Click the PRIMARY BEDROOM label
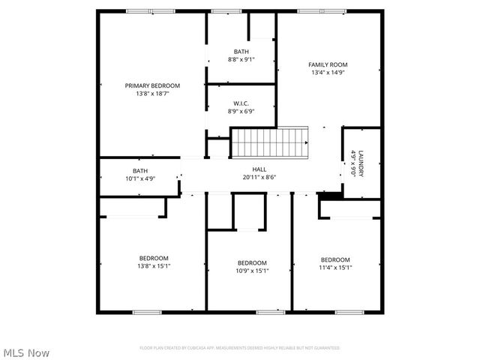[x=152, y=85]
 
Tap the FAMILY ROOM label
[x=328, y=64]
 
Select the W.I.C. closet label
[x=241, y=103]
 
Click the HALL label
[x=259, y=169]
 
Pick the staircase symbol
[x=270, y=142]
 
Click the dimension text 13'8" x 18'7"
[x=152, y=94]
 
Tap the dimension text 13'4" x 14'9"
[x=328, y=73]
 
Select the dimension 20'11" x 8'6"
[x=259, y=178]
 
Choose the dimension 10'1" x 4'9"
[x=140, y=179]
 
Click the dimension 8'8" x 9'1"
[x=241, y=59]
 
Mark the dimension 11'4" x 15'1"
[x=335, y=268]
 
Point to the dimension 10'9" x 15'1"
[x=253, y=271]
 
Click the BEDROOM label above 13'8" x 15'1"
[x=153, y=258]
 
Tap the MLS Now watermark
[x=27, y=352]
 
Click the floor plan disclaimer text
[x=240, y=348]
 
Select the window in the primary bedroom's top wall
[x=142, y=11]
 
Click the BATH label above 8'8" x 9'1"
[x=241, y=51]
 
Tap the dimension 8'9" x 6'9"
[x=241, y=112]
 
